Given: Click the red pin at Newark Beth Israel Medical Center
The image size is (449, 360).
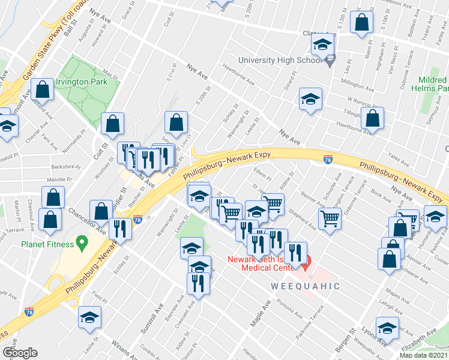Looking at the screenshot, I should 306,262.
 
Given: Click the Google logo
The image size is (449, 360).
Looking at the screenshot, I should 19,352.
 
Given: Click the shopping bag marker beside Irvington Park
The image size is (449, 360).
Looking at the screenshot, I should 44,91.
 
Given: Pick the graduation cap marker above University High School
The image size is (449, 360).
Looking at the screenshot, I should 322,45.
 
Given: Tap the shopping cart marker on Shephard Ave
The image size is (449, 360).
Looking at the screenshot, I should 330,219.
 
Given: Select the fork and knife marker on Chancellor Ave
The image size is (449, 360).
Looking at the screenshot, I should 122,230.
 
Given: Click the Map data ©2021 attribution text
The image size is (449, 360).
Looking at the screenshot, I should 424,355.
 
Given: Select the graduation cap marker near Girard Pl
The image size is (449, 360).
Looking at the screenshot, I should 310,99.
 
